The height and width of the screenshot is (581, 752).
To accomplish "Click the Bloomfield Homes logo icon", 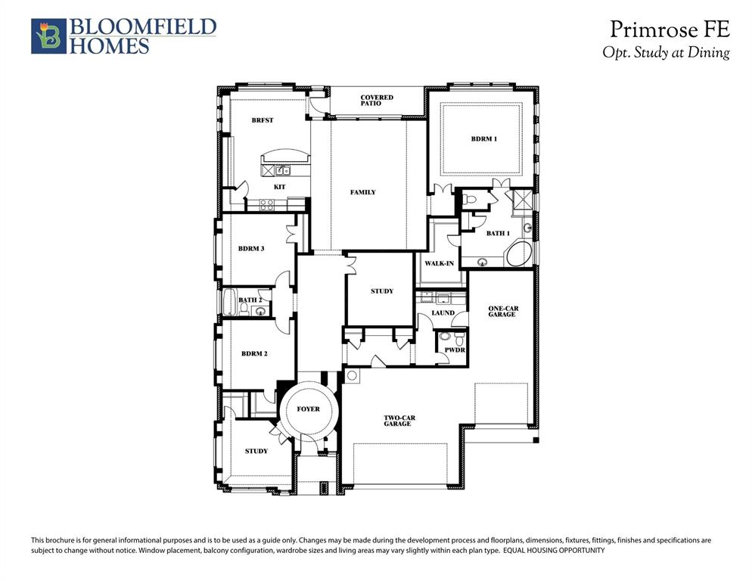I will pos(48,36).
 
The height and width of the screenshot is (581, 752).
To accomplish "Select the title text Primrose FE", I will pos(670,30).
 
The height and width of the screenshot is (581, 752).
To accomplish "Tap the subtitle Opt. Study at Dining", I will pos(666,52).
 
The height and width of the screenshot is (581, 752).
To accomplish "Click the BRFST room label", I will pos(263,120).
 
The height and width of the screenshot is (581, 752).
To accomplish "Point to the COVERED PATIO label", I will pos(376,100).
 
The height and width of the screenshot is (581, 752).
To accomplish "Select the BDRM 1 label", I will pos(483,138).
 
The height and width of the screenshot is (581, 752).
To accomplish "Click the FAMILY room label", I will pos(362,192).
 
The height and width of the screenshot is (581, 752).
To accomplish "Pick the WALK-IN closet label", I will pos(439,263).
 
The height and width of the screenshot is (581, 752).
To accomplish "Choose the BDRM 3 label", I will pos(250,248).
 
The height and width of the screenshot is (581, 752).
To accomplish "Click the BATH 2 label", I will pos(250,300).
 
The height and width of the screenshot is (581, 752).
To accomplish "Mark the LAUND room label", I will pos(443,312).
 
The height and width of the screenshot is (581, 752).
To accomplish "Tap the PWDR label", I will pos(454,351).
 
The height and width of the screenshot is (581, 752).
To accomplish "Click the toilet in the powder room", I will pos(445,335).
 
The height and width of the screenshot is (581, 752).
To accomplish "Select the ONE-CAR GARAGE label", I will pos(502,311).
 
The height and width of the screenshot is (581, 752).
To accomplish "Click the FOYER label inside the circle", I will pos(308,409).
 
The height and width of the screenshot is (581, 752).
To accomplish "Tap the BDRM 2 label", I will pos(254,353).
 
